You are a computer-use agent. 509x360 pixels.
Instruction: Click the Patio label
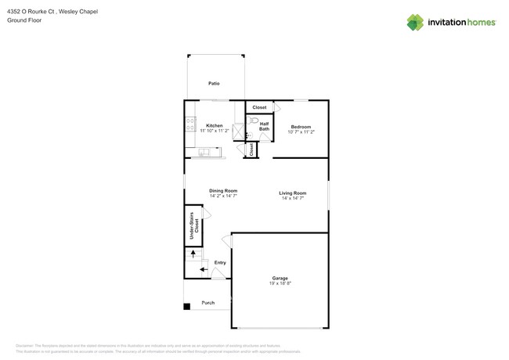pos(214,83)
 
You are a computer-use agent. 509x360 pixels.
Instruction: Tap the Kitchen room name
pos(214,125)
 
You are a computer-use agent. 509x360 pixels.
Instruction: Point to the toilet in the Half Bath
pos(254,121)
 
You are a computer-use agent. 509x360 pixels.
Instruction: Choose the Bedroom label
pos(301,127)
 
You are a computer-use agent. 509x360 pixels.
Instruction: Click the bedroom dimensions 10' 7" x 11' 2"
pos(301,132)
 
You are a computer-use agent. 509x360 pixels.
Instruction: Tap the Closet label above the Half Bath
pos(259,107)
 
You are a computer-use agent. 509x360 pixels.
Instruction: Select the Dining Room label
pos(223,190)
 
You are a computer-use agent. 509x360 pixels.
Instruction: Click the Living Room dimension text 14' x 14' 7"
pos(292,199)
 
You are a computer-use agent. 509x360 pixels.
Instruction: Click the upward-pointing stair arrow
pos(193,254)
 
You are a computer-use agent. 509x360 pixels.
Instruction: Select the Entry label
pos(220,262)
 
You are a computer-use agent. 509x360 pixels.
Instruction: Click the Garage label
pos(280,278)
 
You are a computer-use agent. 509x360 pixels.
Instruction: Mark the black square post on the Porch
pos(186,306)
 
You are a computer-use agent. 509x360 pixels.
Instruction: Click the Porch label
pos(208,303)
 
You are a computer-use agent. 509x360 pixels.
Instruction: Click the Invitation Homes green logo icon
pos(415,23)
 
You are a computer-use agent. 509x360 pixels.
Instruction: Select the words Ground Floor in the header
pos(23,20)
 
